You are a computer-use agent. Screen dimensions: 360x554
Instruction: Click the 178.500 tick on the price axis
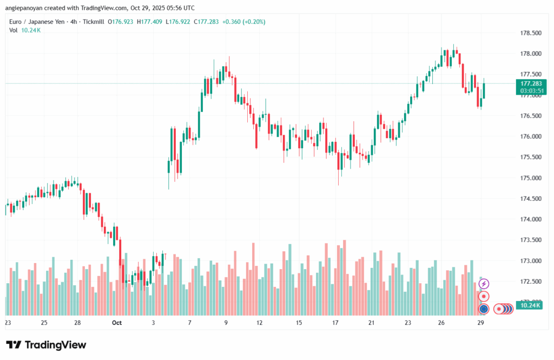531,33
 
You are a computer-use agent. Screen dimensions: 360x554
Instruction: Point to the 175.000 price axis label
531,178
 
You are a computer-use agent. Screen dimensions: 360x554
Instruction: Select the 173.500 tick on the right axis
531,240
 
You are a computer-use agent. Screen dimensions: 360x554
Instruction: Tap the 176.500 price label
531,116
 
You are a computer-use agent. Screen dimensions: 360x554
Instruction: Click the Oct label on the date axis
116,323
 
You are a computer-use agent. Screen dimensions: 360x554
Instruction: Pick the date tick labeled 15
299,323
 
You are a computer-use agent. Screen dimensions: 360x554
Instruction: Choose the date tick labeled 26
441,323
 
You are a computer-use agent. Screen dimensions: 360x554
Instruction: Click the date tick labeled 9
226,323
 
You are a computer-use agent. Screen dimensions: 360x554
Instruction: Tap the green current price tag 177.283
531,84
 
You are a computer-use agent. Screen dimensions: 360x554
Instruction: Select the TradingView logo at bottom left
46,345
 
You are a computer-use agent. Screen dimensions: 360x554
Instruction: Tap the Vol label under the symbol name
13,30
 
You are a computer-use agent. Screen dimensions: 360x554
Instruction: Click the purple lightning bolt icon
484,284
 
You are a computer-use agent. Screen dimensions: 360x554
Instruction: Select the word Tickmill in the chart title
92,22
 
